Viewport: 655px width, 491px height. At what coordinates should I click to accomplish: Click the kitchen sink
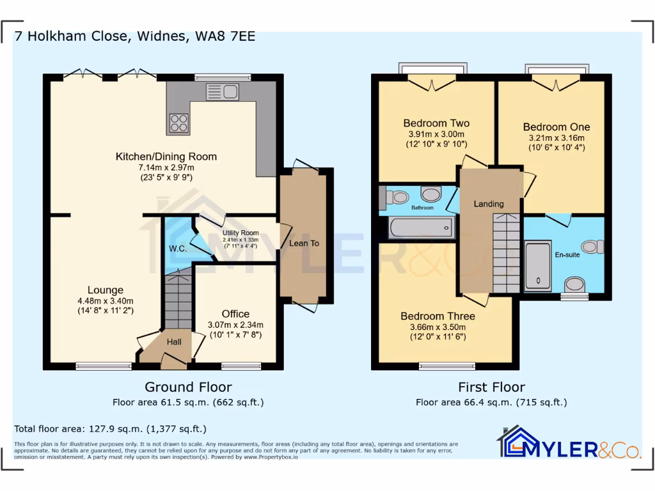(223, 92)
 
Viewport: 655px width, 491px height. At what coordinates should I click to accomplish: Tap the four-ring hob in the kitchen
(179, 123)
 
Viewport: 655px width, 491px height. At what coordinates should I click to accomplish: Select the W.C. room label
(178, 249)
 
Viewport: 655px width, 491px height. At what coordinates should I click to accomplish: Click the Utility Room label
(241, 233)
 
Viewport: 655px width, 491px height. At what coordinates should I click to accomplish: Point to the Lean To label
(304, 244)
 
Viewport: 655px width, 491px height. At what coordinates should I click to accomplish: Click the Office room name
(235, 314)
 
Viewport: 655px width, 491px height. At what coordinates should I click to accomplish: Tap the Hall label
(174, 342)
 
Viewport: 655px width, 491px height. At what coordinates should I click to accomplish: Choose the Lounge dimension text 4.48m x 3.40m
(106, 301)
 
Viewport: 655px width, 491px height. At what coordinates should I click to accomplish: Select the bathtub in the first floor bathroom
(421, 228)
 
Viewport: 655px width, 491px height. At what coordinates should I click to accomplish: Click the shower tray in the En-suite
(537, 265)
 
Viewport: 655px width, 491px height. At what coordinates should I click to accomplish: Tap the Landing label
(489, 204)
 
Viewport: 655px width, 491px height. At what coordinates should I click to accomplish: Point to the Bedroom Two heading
(436, 123)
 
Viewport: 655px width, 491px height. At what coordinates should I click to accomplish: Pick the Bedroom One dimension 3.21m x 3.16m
(557, 138)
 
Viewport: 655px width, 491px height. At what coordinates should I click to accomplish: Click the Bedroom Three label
(438, 316)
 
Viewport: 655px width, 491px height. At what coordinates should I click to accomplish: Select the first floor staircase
(507, 253)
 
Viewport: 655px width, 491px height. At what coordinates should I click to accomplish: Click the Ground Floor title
(189, 387)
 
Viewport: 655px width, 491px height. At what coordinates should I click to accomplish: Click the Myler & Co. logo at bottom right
(568, 444)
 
